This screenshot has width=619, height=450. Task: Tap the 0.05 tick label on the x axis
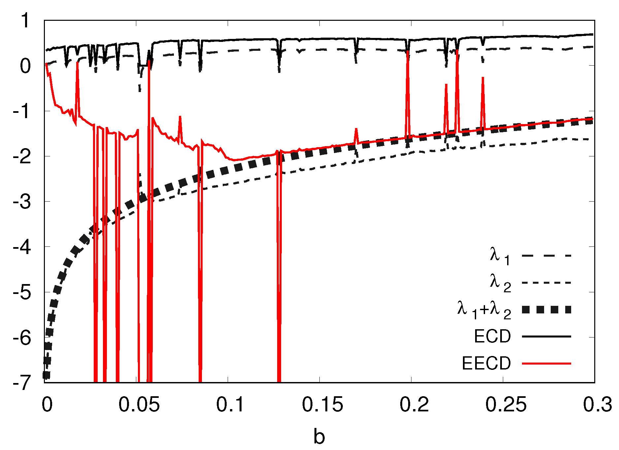tap(139, 404)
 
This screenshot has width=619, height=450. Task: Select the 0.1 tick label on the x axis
tap(230, 404)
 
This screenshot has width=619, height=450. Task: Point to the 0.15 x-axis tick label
tap(322, 404)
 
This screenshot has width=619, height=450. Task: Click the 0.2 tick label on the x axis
tap(414, 404)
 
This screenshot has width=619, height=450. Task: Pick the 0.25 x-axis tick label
tap(506, 404)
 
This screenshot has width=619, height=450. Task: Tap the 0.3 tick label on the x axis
tap(598, 404)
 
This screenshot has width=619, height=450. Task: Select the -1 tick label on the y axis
tap(22, 111)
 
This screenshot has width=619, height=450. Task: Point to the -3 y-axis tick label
tap(22, 202)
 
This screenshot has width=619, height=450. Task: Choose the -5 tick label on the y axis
tap(22, 292)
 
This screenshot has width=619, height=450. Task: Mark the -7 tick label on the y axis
tap(22, 383)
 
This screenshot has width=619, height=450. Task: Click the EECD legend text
tap(486, 364)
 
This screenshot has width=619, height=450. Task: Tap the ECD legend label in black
tap(492, 337)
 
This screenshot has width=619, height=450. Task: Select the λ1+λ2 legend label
tap(484, 309)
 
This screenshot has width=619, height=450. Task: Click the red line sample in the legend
tap(546, 364)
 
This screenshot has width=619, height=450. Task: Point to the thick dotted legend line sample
tap(546, 309)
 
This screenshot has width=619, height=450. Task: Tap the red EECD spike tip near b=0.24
tap(483, 78)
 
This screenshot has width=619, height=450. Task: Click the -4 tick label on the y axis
tap(22, 247)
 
